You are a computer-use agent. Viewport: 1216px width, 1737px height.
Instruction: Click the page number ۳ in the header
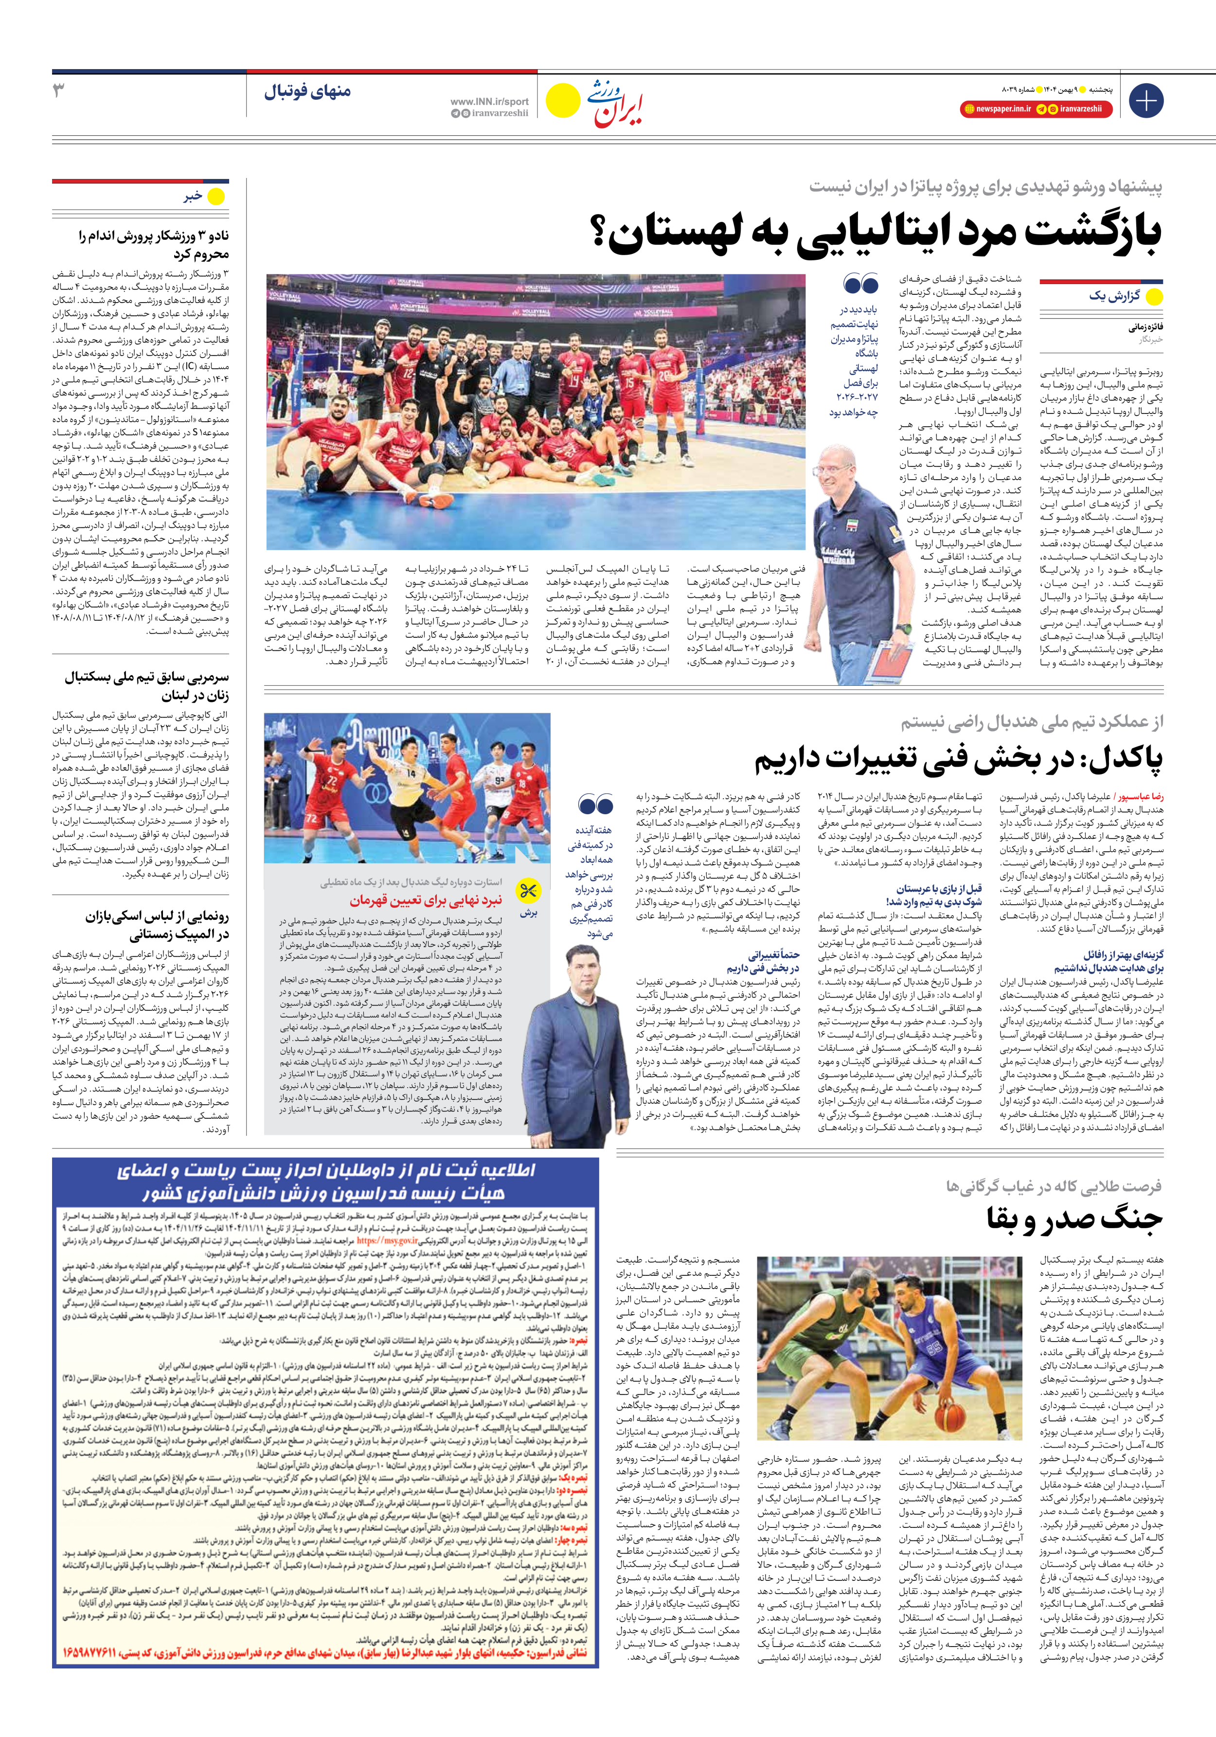click(59, 91)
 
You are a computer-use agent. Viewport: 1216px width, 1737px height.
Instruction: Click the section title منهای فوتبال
click(307, 92)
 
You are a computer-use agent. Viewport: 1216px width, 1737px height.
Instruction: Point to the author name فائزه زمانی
click(1145, 327)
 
